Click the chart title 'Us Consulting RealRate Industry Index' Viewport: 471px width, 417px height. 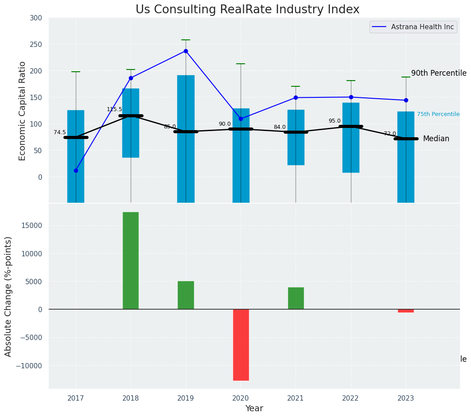tap(247, 10)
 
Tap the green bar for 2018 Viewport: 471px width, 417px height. tap(131, 260)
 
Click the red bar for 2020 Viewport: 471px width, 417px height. tap(241, 344)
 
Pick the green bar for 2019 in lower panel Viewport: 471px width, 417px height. tap(186, 295)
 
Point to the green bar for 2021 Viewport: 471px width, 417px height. tap(296, 298)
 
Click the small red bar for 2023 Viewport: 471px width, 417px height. tap(405, 311)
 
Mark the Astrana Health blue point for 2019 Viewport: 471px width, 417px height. tap(186, 51)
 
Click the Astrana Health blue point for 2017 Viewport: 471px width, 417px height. tap(76, 170)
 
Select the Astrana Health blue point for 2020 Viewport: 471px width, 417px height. tap(241, 119)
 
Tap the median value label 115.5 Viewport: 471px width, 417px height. tap(114, 109)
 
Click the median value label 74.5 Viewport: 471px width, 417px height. tap(60, 132)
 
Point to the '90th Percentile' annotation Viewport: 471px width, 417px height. tap(439, 73)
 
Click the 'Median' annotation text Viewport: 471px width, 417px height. tap(436, 139)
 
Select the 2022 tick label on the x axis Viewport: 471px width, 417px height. tap(350, 398)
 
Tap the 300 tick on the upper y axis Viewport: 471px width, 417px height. tap(36, 18)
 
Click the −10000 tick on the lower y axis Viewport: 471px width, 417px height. tap(30, 366)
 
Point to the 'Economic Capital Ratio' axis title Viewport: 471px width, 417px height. tap(23, 111)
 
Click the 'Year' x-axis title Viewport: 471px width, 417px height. tap(254, 409)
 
